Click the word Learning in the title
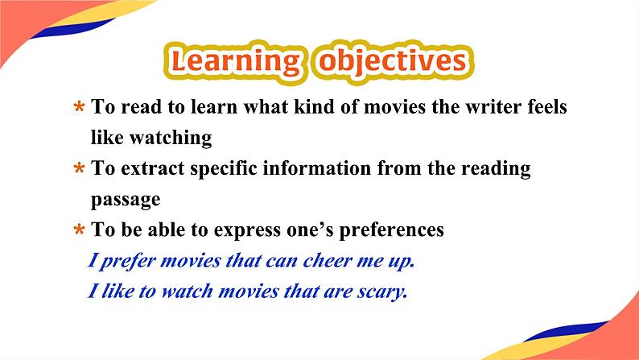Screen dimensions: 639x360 (236, 62)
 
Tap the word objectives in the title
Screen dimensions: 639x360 (393, 62)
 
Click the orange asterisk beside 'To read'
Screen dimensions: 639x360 (79, 107)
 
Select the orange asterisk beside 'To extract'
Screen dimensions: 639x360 (79, 168)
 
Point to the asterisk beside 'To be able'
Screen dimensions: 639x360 (79, 230)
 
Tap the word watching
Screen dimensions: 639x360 (171, 138)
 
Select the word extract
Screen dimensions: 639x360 (153, 168)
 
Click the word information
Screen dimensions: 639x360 (316, 168)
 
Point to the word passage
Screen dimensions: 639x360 (126, 201)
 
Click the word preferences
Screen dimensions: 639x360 (392, 230)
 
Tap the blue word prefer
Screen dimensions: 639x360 (127, 261)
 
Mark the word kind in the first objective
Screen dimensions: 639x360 (311, 106)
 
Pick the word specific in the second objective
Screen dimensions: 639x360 (224, 169)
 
